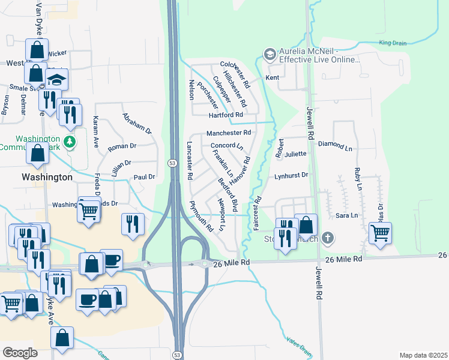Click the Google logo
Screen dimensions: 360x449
20,353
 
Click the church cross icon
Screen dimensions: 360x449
327,238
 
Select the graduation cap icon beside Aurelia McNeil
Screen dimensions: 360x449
270,55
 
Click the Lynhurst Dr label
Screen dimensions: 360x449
291,175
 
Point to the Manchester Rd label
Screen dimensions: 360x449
228,133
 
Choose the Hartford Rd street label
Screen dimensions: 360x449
226,115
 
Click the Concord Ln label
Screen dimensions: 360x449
226,146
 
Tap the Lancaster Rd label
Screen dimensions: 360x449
189,161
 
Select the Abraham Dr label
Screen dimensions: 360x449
137,123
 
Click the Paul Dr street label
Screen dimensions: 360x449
144,177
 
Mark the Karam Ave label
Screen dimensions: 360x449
95,133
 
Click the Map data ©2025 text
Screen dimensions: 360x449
423,355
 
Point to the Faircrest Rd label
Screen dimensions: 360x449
256,213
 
